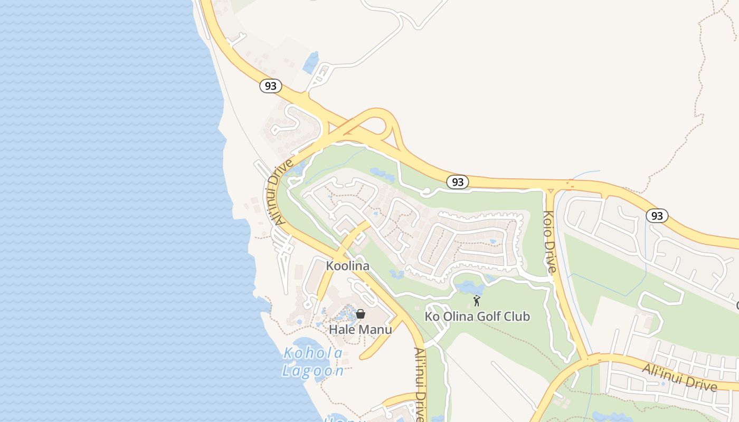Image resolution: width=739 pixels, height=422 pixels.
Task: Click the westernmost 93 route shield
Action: [x=270, y=85]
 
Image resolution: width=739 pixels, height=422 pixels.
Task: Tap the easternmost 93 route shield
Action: [x=657, y=215]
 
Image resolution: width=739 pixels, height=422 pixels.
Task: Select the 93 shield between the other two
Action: [x=458, y=182]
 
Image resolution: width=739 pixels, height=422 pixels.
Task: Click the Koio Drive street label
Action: [x=549, y=242]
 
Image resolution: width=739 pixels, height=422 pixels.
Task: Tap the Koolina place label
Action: [x=347, y=266]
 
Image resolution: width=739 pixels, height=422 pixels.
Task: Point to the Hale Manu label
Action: [x=361, y=330]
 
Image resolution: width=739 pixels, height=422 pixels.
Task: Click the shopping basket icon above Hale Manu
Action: [x=361, y=314]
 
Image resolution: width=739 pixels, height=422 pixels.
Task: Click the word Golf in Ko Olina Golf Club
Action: [x=488, y=316]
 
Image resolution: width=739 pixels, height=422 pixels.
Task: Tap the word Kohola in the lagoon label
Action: [x=313, y=353]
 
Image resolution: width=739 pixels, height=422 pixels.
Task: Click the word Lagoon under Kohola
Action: [x=312, y=371]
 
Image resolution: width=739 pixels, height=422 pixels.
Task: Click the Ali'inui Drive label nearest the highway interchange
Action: [x=280, y=193]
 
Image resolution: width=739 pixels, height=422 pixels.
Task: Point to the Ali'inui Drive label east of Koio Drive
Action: [x=679, y=378]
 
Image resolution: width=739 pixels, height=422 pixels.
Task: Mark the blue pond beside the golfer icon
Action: [x=469, y=288]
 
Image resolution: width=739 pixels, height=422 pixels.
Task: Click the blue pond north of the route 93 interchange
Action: [x=311, y=63]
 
